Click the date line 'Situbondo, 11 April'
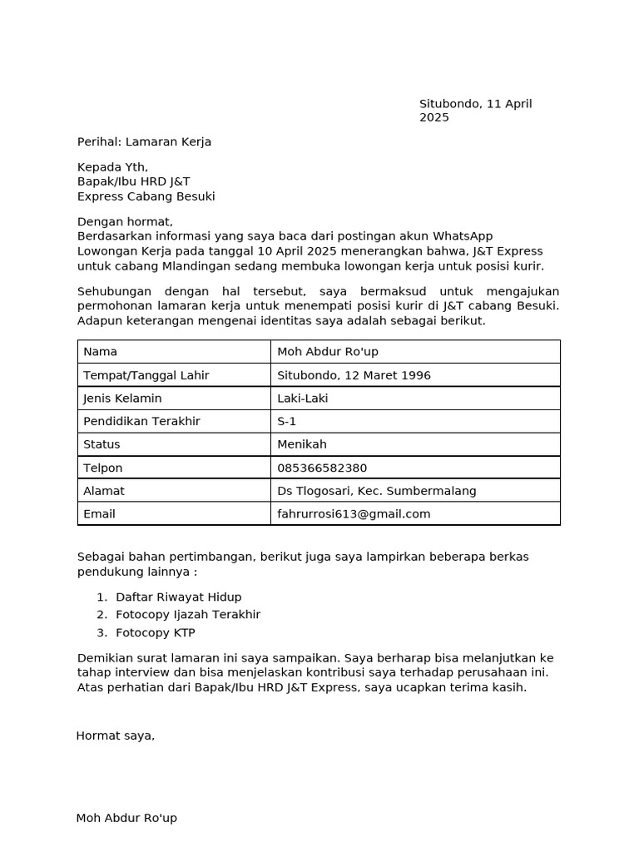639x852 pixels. point(475,104)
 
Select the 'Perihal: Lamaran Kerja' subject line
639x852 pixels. point(144,141)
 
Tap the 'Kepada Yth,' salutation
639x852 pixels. point(112,167)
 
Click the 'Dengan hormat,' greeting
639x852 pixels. point(125,221)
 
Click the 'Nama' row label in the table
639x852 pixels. point(100,352)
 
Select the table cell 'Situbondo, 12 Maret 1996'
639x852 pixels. point(354,375)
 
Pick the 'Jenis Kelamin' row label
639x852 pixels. point(122,399)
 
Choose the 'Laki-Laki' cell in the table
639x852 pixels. point(303,399)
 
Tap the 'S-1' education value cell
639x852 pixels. point(287,421)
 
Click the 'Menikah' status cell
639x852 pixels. point(302,444)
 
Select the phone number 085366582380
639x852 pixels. point(322,468)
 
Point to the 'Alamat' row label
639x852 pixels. point(104,491)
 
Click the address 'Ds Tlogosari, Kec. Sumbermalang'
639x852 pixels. point(377,491)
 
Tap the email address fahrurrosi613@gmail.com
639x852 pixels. point(354,514)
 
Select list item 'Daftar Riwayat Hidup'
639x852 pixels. point(179,597)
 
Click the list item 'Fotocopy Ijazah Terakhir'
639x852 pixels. point(188,615)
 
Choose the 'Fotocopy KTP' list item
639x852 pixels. point(156,632)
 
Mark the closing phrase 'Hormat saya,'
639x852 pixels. point(115,736)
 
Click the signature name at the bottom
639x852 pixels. point(126,818)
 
